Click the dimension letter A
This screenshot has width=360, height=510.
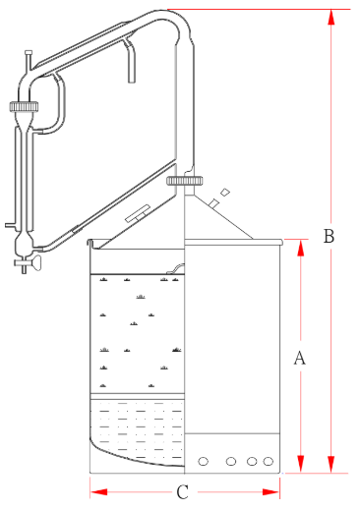point(299,358)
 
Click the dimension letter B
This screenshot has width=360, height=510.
point(329,236)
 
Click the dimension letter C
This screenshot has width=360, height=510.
point(182,492)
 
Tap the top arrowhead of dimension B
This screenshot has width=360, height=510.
point(331,17)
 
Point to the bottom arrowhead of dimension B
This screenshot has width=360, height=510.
point(331,465)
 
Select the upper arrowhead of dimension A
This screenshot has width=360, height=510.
point(300,248)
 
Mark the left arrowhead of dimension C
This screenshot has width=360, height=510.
point(98,492)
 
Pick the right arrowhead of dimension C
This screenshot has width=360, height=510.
point(271,492)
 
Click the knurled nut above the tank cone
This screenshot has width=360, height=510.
point(185,181)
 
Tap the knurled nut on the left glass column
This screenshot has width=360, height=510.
point(24,106)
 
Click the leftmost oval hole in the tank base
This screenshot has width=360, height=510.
point(203,462)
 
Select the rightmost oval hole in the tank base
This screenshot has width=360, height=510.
point(269,462)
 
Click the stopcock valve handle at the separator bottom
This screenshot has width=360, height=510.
point(33,262)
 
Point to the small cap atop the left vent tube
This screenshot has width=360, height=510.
point(29,52)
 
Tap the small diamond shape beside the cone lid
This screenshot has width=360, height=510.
point(225,193)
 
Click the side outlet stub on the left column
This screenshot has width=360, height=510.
point(10,225)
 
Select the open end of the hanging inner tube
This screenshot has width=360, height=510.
point(132,81)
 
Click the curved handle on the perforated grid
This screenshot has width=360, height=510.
point(175,268)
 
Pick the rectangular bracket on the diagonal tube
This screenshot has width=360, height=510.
point(138,213)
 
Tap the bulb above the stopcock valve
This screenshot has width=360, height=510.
point(24,243)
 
